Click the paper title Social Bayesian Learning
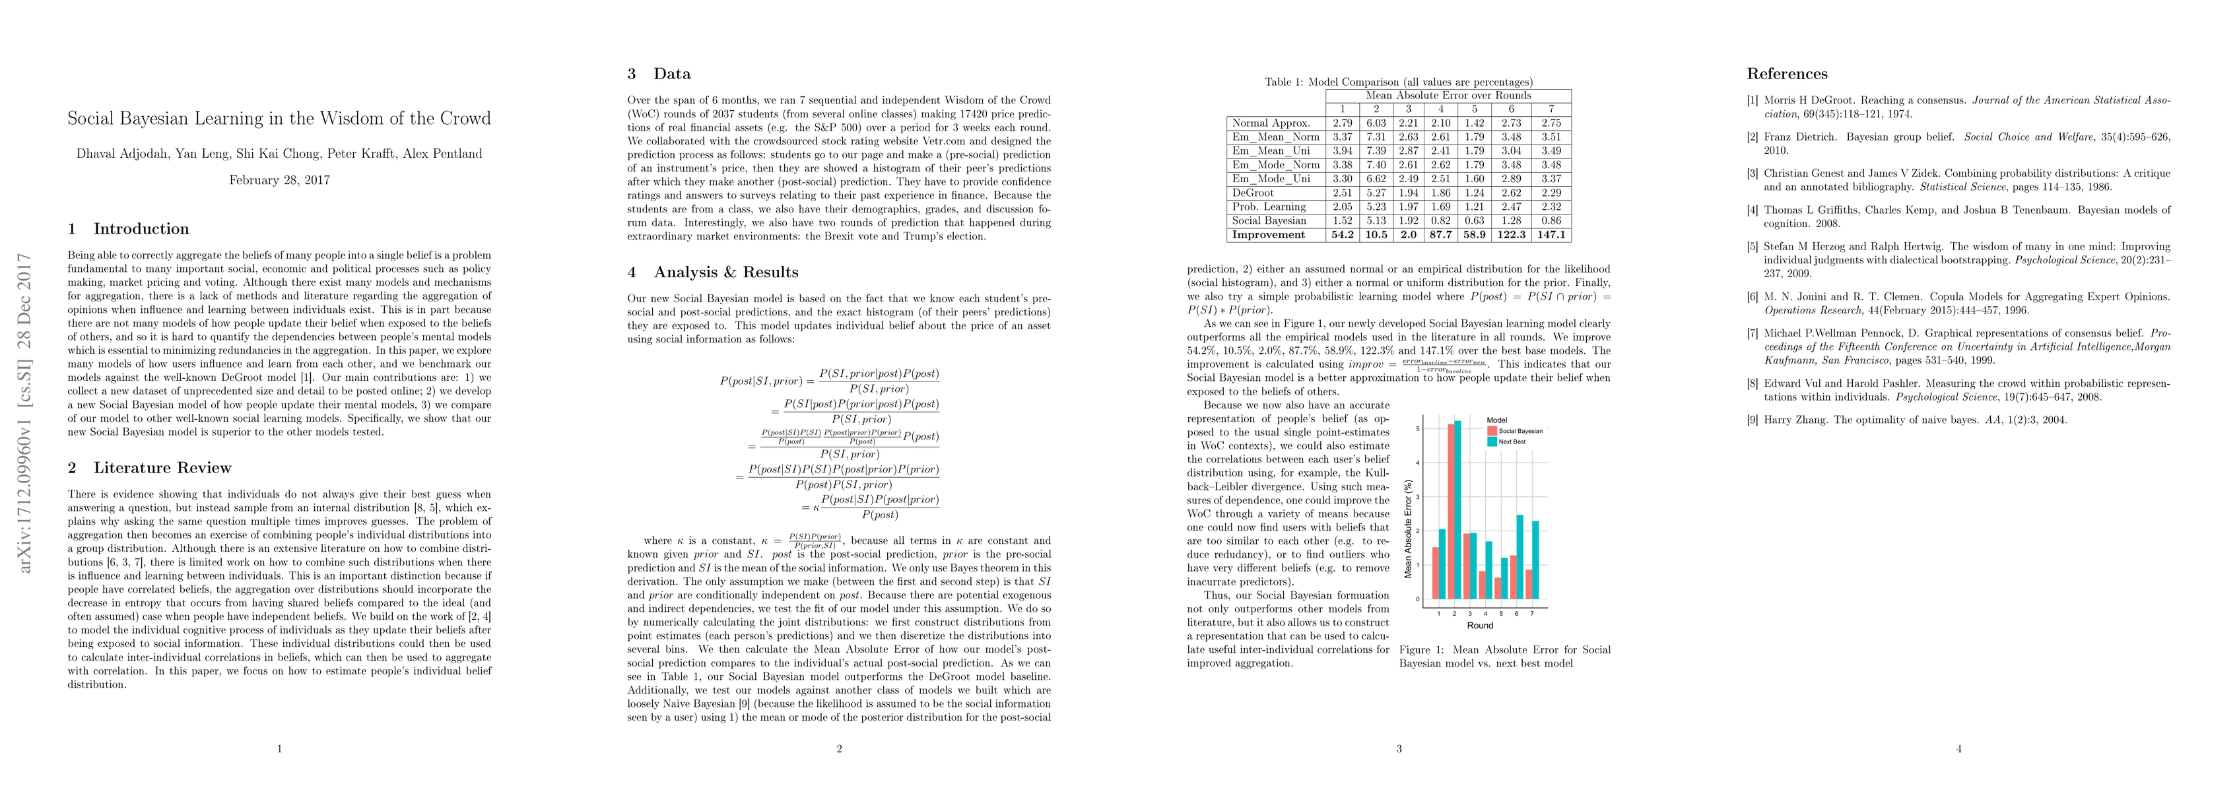coord(279,119)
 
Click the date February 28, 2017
coord(279,180)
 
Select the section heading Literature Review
coord(162,468)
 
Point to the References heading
coord(1787,74)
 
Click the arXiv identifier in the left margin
coord(26,413)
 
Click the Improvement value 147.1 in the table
coord(1551,235)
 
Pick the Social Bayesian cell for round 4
coord(1441,221)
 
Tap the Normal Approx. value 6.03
coord(1376,123)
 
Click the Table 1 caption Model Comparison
coord(1399,82)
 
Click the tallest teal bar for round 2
coord(1457,510)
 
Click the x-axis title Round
coord(1479,625)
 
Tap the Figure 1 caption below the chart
coord(1504,657)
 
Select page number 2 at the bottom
coord(839,748)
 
